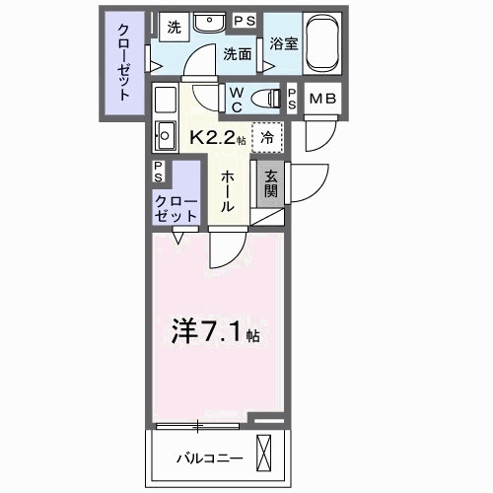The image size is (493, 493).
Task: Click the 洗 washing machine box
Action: pyautogui.click(x=173, y=28)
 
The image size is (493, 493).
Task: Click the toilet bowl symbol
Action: pyautogui.click(x=264, y=96)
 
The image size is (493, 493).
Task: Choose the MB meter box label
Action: pyautogui.click(x=322, y=98)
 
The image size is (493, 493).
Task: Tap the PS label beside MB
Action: pyautogui.click(x=293, y=98)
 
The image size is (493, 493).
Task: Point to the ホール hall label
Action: pyautogui.click(x=226, y=189)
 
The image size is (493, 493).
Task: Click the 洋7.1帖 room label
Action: pyautogui.click(x=217, y=331)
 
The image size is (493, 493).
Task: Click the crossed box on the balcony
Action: pyautogui.click(x=266, y=456)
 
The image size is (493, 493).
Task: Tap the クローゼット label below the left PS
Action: pyautogui.click(x=174, y=206)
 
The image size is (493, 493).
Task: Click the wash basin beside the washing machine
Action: pyautogui.click(x=208, y=23)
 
